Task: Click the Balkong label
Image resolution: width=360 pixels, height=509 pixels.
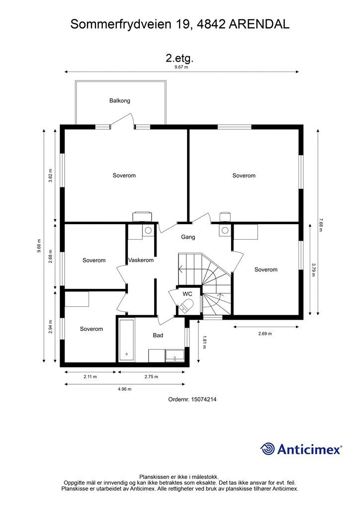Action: tap(119, 100)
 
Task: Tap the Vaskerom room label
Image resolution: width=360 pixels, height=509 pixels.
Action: tap(141, 260)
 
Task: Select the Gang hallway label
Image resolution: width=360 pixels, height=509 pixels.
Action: tap(188, 237)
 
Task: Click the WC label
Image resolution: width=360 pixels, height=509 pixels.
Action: tap(187, 294)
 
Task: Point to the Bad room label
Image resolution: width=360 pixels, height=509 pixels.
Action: tap(158, 336)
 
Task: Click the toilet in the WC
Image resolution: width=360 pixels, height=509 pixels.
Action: tap(186, 306)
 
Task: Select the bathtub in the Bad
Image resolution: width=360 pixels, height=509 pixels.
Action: tap(127, 340)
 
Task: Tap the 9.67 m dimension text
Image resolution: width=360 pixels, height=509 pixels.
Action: tap(181, 67)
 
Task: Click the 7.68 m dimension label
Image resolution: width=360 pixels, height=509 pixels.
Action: tap(320, 224)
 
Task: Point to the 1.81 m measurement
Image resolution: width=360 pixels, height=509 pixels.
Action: tap(204, 342)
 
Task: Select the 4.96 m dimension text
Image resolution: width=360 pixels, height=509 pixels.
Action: tap(125, 389)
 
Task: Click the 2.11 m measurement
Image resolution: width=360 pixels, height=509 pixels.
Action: tap(90, 377)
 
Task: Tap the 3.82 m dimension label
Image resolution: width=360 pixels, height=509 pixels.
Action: tap(50, 175)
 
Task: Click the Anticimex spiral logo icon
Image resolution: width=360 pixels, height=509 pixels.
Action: tap(267, 449)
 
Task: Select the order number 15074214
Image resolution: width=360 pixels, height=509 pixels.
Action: tap(204, 399)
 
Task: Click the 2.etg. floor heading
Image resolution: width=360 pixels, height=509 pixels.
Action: tap(180, 59)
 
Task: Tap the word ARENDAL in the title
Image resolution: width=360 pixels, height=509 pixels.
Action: tap(259, 24)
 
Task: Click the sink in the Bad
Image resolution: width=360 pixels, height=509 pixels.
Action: tap(175, 356)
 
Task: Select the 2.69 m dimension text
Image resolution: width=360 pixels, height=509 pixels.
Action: tap(265, 334)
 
